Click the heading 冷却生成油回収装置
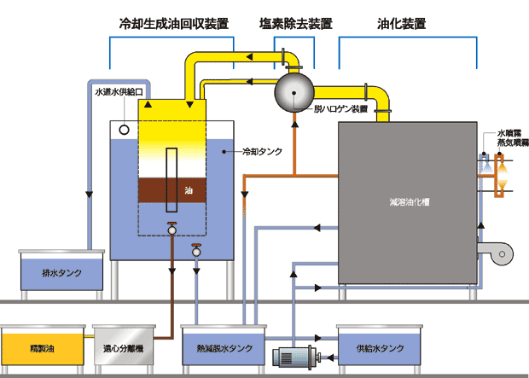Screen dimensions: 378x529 (174, 24)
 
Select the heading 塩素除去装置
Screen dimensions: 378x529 (294, 24)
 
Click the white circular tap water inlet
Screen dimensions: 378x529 (125, 130)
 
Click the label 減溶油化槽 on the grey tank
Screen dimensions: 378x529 (408, 203)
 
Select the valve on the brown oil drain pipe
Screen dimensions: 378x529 (171, 229)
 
